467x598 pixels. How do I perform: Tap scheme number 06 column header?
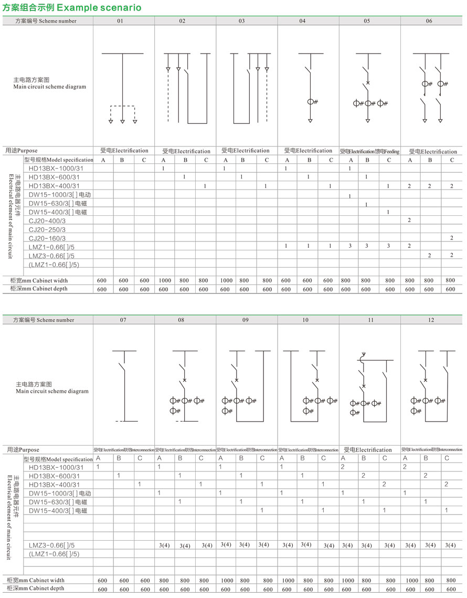click(429, 21)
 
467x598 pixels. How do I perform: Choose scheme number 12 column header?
click(429, 319)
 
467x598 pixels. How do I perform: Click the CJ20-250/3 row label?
click(47, 229)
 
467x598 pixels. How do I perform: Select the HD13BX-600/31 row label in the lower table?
click(55, 476)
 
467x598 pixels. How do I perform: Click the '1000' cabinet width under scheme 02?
click(163, 280)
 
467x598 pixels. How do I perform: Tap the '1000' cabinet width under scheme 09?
click(225, 580)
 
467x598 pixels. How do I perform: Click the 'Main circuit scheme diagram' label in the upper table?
click(50, 87)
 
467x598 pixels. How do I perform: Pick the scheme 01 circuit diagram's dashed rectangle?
click(122, 112)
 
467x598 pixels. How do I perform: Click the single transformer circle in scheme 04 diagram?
click(310, 102)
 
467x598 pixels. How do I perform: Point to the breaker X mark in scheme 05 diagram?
click(368, 83)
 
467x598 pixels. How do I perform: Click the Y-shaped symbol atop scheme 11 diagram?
click(363, 354)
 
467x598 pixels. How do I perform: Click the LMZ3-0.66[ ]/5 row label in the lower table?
click(52, 545)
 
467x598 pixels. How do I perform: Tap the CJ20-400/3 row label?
click(47, 221)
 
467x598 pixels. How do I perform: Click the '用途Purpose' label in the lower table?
click(23, 450)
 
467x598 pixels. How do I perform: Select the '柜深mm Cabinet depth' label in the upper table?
click(39, 289)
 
